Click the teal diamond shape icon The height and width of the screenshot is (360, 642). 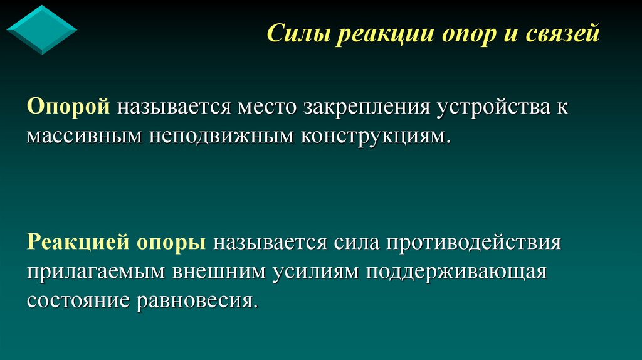[41, 29]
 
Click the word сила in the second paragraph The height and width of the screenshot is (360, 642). [355, 243]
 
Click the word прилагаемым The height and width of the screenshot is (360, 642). [95, 272]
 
